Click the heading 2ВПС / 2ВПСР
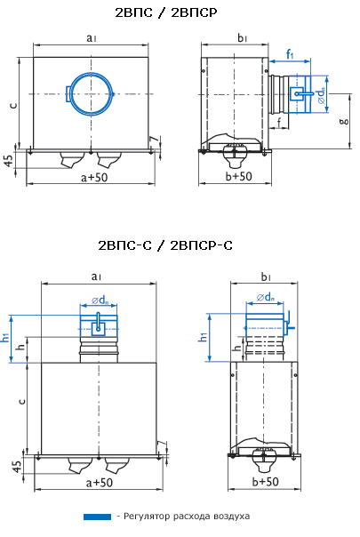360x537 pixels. coord(179,14)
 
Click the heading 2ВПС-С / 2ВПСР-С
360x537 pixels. coord(179,244)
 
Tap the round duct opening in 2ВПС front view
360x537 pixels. coord(91,93)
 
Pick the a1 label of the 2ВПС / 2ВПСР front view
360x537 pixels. coord(92,38)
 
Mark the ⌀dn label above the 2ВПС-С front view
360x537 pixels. coord(99,300)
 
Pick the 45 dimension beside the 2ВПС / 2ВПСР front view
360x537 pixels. coord(8,160)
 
